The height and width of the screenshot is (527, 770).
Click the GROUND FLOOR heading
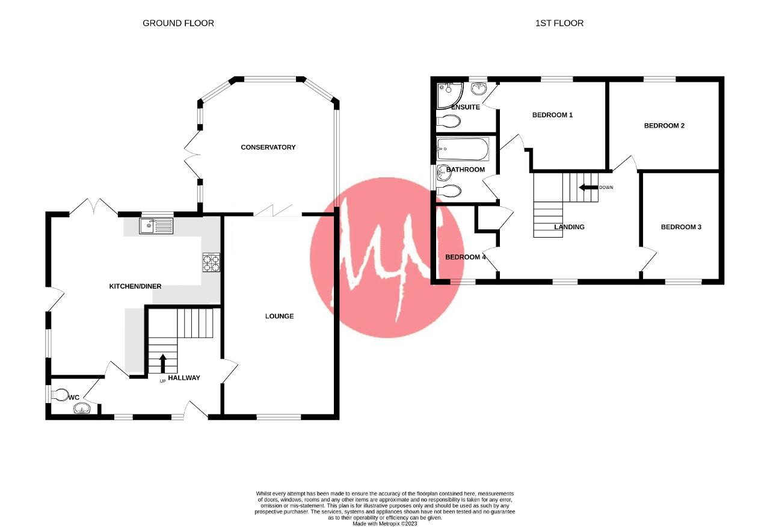pos(178,23)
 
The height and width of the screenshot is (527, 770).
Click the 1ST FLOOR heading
pos(559,23)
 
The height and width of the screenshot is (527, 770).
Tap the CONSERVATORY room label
pos(268,147)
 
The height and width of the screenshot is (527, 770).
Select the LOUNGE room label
pos(280,316)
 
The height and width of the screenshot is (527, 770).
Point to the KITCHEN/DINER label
pos(135,286)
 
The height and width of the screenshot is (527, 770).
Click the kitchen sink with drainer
pos(156,226)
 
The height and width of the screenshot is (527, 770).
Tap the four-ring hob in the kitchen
pos(211,263)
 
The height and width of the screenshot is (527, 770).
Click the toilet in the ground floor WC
pos(60,395)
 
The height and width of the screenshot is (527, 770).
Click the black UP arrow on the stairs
pos(163,364)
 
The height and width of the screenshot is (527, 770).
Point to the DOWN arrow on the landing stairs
pos(588,187)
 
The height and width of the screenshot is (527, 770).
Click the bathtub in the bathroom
pos(463,149)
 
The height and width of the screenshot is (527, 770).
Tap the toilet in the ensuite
pos(449,121)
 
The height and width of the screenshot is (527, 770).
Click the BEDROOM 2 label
pos(664,126)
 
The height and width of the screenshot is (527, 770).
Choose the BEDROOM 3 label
pos(681,227)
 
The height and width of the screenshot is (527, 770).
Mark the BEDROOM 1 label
pos(552,115)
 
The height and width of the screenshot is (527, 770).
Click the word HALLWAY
pos(184,378)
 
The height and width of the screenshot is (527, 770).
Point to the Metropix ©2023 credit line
pos(384,523)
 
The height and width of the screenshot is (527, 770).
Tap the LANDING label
pos(569,227)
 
